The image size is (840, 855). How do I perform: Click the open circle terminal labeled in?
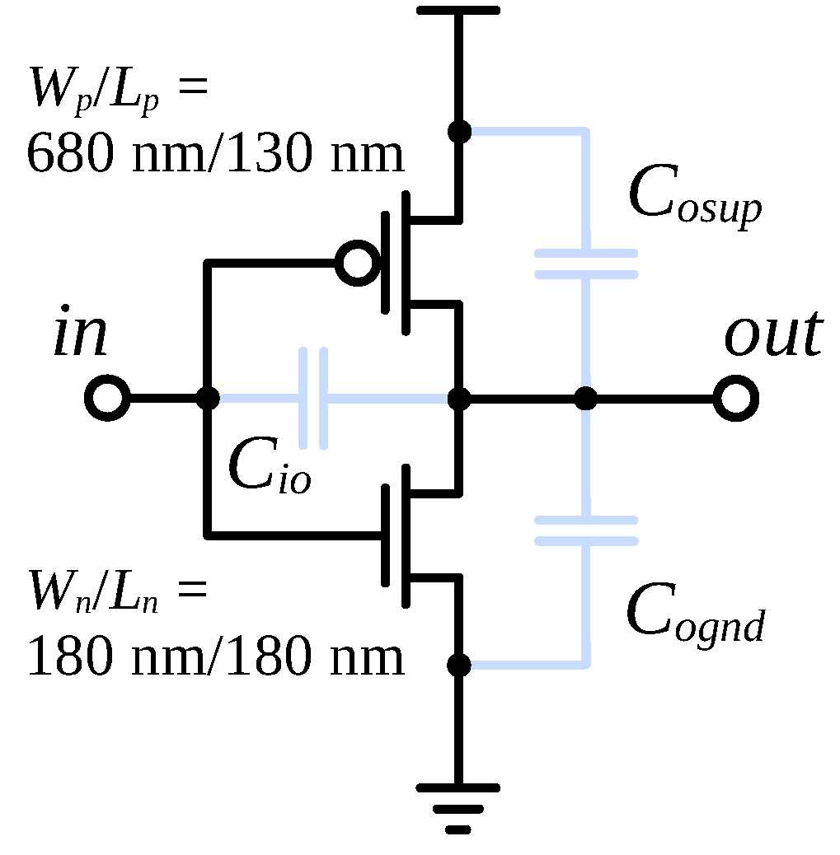107,399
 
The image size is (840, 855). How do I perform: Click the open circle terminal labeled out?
735,399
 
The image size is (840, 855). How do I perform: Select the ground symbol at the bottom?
458,807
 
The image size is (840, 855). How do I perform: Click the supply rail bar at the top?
458,10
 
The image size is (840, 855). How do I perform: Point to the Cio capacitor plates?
313,399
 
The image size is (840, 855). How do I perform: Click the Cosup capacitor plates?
585,264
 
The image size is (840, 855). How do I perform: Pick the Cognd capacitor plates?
585,530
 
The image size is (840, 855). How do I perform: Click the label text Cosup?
694,198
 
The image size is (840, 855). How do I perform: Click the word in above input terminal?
80,334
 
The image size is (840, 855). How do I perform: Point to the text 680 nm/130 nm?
216,153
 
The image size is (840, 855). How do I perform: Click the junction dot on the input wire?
209,399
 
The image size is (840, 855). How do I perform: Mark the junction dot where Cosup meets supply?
458,131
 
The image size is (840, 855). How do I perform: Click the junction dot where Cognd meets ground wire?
458,664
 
